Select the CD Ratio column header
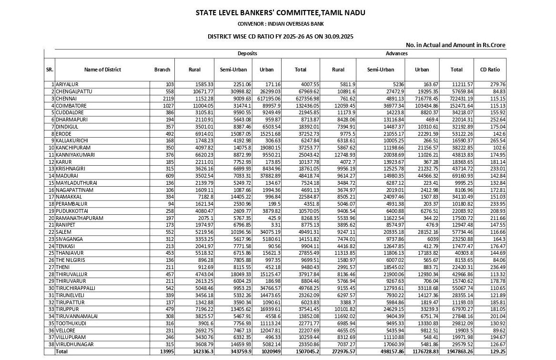tap(490, 70)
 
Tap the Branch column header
tap(162, 70)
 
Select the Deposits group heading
tap(247, 53)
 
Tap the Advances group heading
tap(396, 53)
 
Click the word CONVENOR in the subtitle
tap(251, 23)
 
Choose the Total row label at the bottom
tap(62, 351)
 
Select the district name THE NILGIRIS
tap(71, 260)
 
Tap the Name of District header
tap(102, 70)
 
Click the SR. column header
tap(50, 70)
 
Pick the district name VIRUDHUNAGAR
tap(74, 344)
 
